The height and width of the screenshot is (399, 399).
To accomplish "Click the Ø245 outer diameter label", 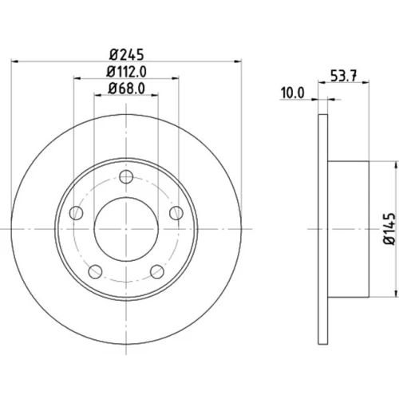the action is [126, 54].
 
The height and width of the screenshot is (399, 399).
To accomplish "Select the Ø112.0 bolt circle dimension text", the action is [126, 72].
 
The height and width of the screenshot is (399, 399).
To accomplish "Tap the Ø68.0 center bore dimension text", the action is [126, 89].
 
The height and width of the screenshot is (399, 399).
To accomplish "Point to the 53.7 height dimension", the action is [343, 76].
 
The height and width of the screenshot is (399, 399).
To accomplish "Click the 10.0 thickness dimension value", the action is [292, 93].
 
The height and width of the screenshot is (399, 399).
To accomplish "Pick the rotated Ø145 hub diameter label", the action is [389, 228].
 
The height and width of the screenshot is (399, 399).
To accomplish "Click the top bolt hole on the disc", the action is [126, 177].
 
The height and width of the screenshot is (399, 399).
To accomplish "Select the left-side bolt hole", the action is [76, 213].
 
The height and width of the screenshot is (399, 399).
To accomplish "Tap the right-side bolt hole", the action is [176, 213].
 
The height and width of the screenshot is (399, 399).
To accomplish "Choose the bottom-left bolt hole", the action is [95, 271].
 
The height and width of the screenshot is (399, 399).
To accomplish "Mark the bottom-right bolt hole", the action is [157, 271].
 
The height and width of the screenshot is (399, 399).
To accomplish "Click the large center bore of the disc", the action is [126, 229].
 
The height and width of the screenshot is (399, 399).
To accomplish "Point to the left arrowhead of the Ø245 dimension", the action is [14, 61].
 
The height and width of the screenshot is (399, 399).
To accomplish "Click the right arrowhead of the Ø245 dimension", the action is [238, 61].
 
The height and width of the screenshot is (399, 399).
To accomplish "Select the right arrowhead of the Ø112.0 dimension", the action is [176, 78].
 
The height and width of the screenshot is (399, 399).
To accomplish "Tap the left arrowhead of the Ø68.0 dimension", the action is [97, 95].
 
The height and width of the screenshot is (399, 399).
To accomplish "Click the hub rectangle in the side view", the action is [348, 229].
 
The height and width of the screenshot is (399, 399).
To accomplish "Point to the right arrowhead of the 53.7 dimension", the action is [365, 83].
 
